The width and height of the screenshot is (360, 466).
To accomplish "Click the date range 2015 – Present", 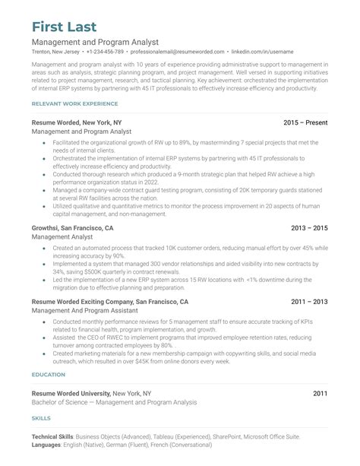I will coord(305,122).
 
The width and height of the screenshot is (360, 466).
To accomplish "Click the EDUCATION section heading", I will coord(49,375).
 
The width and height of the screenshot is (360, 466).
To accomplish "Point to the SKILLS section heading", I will coord(42,419).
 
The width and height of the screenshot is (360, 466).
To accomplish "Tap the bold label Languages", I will coord(47,445).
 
